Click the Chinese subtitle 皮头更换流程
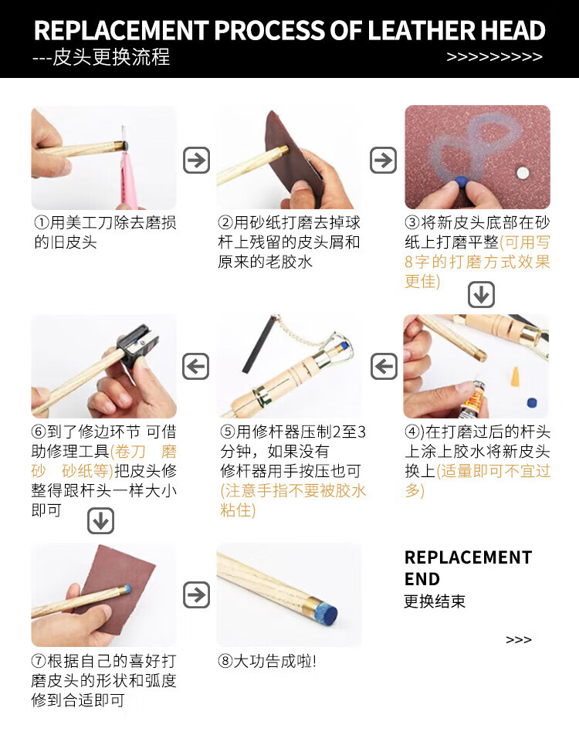111,57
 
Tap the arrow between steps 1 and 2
196,161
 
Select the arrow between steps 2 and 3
384,161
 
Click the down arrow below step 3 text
482,294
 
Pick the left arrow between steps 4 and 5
384,366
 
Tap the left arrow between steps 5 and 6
195,366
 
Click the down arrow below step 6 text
101,521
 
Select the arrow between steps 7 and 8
196,594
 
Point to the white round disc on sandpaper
523,173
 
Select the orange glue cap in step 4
515,377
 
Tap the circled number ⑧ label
225,661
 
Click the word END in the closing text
422,579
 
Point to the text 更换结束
435,601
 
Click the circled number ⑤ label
228,432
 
